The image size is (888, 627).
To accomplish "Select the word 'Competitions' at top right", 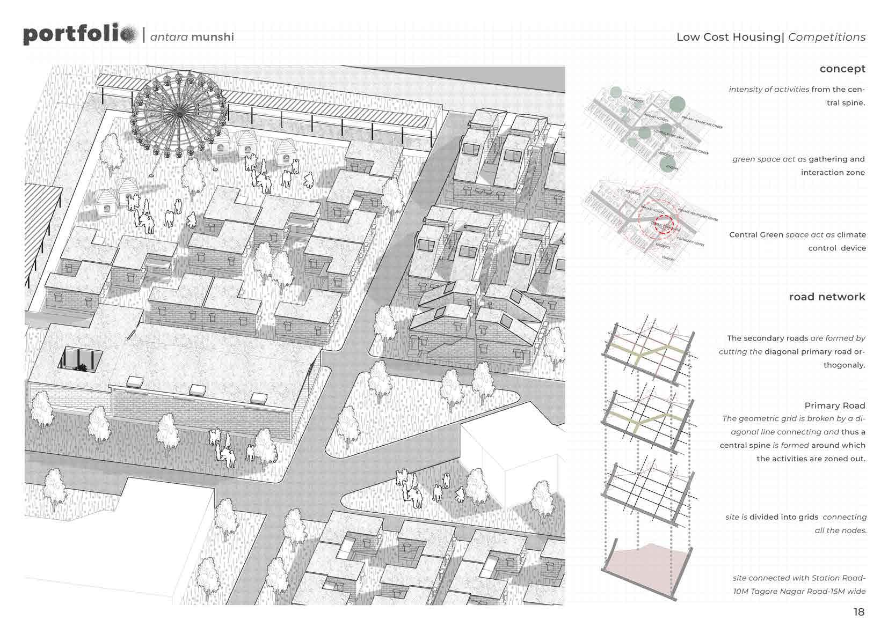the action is pos(827,37).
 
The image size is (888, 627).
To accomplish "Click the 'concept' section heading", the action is pos(842,69).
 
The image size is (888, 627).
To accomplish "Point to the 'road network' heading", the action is pos(827,297).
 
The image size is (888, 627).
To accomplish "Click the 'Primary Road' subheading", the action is pos(835,405).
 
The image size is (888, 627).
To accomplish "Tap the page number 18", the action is pos(859,612).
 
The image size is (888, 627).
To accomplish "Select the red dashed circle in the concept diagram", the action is pos(664,225).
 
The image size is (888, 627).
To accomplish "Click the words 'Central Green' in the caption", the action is pos(756,235).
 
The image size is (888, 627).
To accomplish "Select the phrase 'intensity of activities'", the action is pos(769,90).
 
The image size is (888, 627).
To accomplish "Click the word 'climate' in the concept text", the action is pos(851,235).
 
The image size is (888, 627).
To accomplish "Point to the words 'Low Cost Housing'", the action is pos(727,37).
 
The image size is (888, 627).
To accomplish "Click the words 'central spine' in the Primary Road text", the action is pos(745,445).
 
